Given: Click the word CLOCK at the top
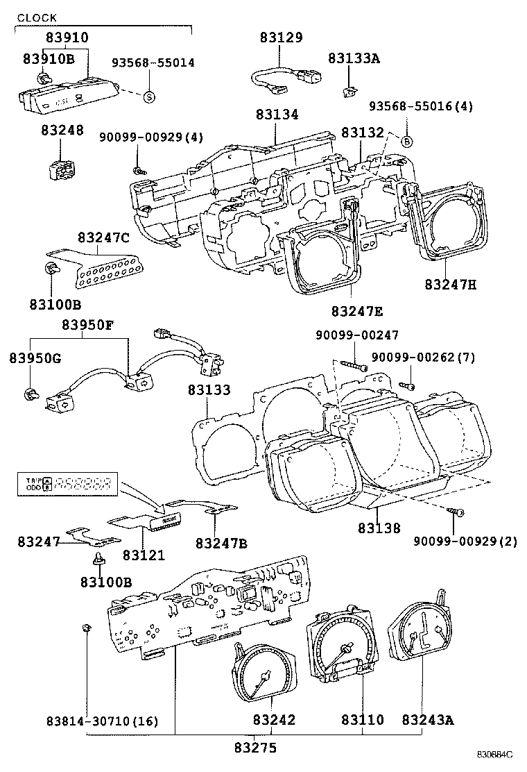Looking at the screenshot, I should tap(37, 17).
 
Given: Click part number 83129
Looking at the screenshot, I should tap(282, 38).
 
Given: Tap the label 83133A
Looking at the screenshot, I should tap(354, 59).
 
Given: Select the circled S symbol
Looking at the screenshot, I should tap(148, 96).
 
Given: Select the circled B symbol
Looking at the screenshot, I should tap(407, 141).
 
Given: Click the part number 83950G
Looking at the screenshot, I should tap(35, 358).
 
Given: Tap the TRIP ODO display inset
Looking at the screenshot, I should tap(68, 484).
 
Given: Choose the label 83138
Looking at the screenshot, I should tap(379, 528).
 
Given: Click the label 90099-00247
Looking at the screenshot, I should tap(357, 335).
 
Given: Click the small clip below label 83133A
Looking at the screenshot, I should tap(350, 90).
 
